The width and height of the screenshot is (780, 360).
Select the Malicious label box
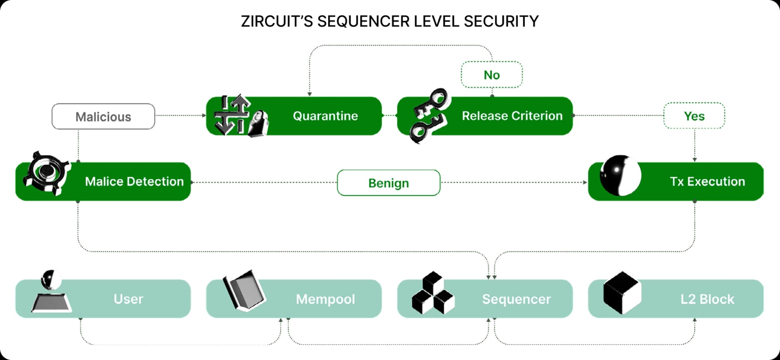[103, 117]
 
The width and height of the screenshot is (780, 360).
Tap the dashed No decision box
[492, 75]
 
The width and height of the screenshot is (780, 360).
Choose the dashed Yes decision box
[694, 116]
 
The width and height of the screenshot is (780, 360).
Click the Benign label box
[388, 183]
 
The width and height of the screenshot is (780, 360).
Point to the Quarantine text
[325, 116]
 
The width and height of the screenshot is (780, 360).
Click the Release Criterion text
[512, 116]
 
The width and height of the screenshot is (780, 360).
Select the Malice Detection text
[134, 182]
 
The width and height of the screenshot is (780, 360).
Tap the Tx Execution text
[707, 182]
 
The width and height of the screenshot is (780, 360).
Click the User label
[128, 299]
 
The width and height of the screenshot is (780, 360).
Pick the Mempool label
[325, 299]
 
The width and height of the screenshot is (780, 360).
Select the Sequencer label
[516, 299]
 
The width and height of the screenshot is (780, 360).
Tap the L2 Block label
[707, 299]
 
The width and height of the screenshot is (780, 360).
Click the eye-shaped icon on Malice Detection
[46, 173]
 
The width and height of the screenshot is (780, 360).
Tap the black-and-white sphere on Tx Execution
[620, 176]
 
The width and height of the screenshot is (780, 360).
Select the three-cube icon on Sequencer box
[433, 293]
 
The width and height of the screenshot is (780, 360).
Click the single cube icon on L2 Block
[622, 293]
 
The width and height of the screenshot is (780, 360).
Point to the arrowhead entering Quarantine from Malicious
[204, 115]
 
